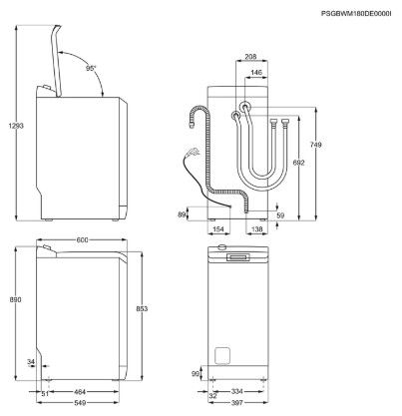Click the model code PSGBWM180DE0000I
(x=356, y=14)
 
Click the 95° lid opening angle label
(x=91, y=68)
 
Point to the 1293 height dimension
(x=16, y=126)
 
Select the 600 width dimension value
(x=82, y=239)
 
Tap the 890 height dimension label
(x=16, y=299)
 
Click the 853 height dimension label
(x=142, y=308)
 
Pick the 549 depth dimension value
(x=80, y=403)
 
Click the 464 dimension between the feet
(x=80, y=392)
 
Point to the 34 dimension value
(x=31, y=361)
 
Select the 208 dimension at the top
(x=250, y=57)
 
